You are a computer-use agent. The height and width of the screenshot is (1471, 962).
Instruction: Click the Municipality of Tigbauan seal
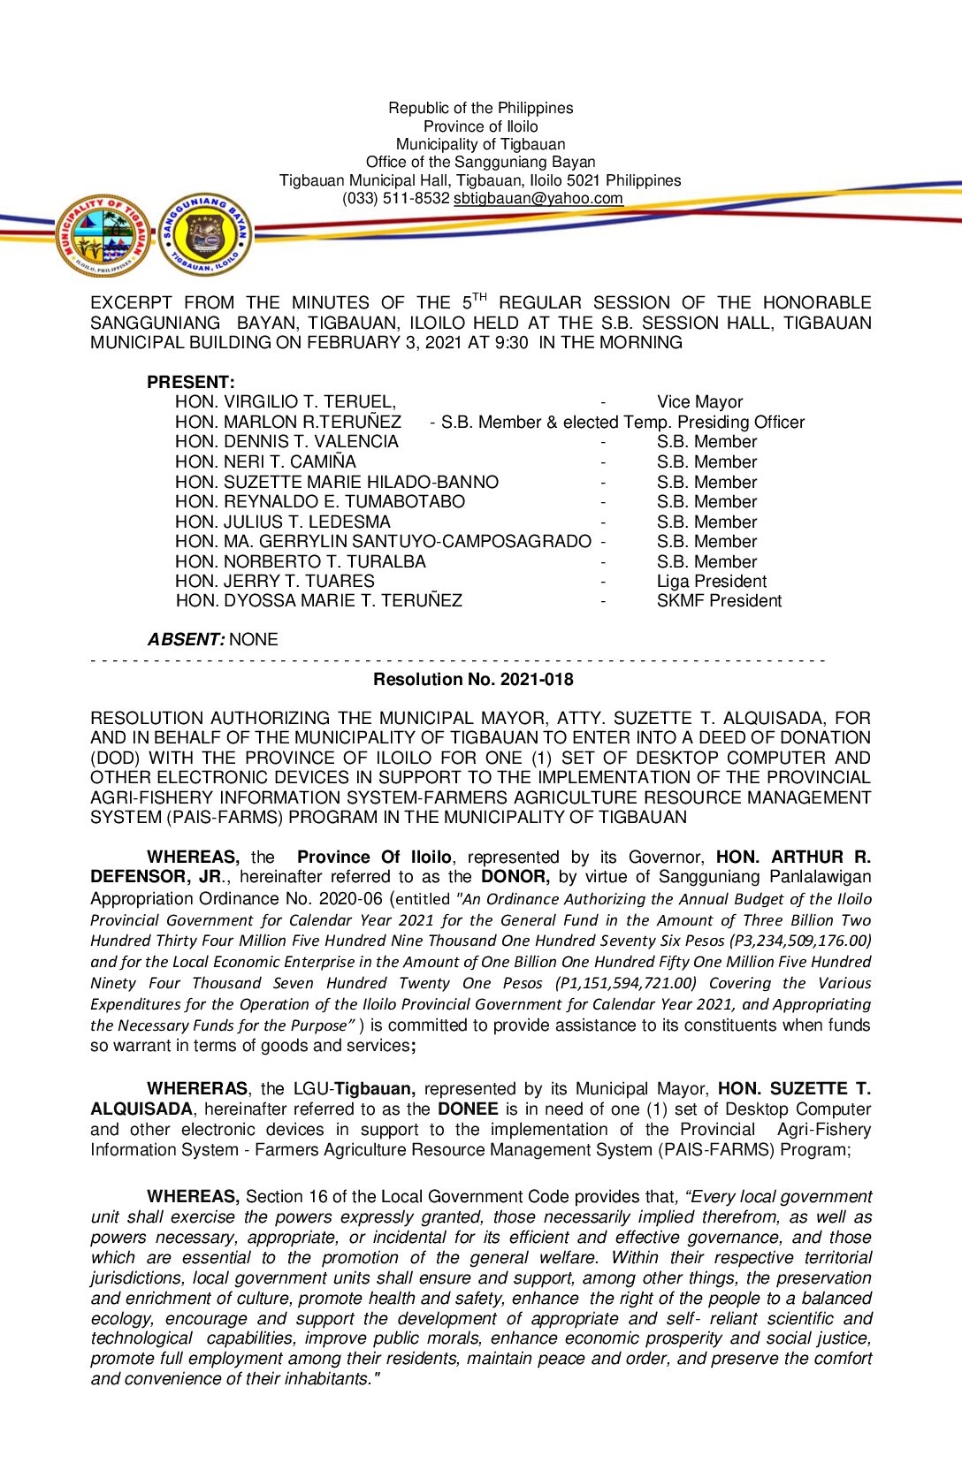click(x=103, y=235)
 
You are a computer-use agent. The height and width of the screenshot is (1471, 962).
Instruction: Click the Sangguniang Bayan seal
click(x=206, y=235)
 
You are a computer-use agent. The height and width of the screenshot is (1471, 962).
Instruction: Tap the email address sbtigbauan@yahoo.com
click(x=538, y=199)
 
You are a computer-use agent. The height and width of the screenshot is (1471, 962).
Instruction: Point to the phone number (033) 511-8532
click(x=395, y=199)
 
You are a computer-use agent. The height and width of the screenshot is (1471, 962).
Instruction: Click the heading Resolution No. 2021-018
click(x=473, y=680)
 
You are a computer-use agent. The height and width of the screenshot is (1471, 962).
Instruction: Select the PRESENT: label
click(x=191, y=383)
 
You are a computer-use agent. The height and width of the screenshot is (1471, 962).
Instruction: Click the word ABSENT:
click(x=187, y=639)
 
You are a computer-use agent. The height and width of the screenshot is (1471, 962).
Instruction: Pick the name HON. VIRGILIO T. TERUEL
click(x=285, y=402)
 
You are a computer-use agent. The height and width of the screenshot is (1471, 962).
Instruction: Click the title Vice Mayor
click(x=699, y=402)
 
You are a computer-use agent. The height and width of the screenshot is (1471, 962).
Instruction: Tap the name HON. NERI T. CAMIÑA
click(x=265, y=462)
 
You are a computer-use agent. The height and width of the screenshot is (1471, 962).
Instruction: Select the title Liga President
click(x=711, y=582)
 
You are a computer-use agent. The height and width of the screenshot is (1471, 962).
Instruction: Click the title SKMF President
click(x=719, y=601)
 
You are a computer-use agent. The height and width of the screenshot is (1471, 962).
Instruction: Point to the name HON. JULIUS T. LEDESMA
click(x=283, y=522)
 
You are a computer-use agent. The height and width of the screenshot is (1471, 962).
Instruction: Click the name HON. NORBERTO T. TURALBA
click(x=301, y=562)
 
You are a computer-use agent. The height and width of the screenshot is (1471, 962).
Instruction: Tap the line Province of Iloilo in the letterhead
click(x=480, y=126)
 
